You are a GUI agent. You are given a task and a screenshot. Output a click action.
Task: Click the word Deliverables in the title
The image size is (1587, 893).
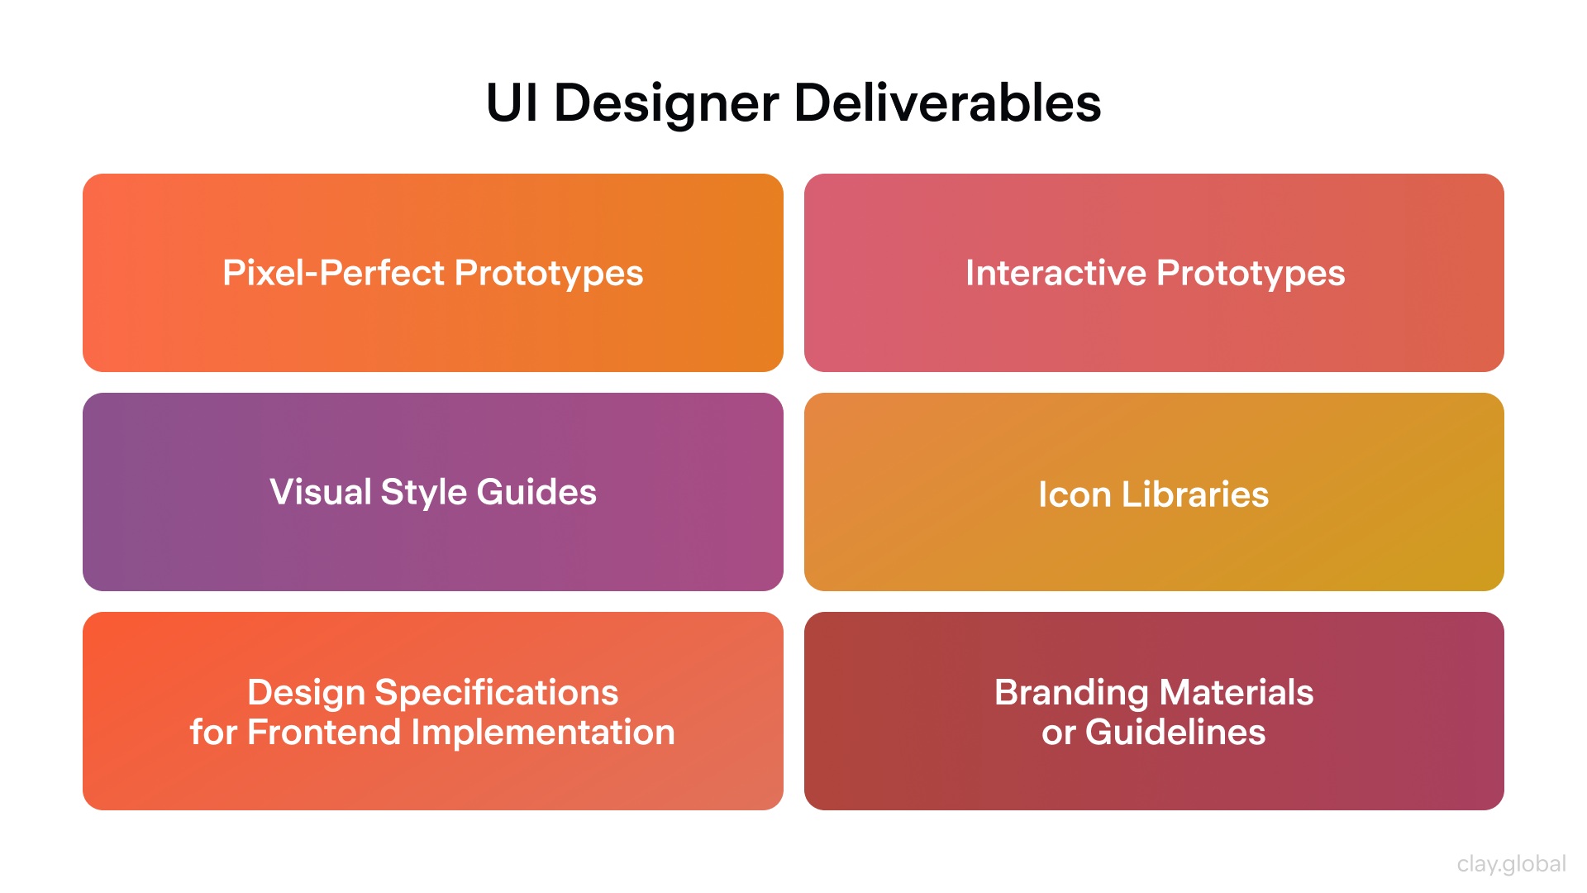tap(947, 103)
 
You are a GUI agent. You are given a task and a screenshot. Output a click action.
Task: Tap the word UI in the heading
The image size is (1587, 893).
tap(512, 103)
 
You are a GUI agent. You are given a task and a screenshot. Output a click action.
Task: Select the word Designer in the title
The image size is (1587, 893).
tap(666, 105)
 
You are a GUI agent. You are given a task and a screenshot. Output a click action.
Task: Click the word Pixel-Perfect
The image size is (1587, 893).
tap(334, 273)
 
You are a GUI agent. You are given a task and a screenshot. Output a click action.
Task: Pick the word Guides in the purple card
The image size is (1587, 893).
tap(536, 492)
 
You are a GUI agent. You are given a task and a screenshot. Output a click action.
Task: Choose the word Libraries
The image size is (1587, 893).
tap(1195, 494)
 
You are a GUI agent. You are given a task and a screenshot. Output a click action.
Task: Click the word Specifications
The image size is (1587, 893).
tap(497, 693)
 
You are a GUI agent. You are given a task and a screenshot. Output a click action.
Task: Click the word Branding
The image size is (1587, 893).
tap(1071, 693)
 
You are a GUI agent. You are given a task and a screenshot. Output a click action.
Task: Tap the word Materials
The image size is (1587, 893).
tap(1237, 692)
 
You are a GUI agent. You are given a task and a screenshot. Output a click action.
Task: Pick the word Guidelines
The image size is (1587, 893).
tap(1175, 733)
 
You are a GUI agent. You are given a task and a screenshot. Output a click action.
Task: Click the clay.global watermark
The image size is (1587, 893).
tap(1511, 864)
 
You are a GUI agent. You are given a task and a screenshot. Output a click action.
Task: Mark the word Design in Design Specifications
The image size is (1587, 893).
tap(306, 693)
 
